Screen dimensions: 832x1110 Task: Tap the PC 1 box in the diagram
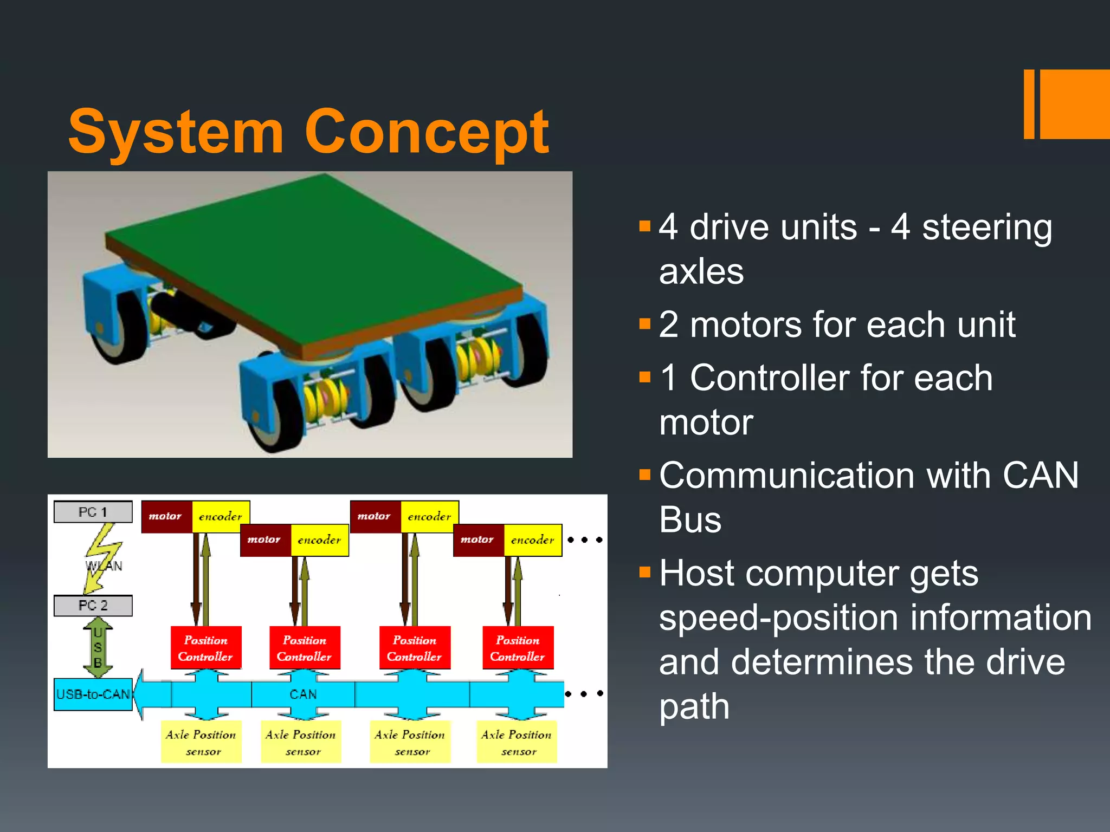93,512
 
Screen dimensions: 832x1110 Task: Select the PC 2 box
93,605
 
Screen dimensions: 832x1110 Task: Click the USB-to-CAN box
93,694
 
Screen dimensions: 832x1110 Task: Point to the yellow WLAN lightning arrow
102,558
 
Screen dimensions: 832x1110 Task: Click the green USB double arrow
98,647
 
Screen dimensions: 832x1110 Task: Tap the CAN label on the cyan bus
303,694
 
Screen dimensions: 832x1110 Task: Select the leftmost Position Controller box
205,648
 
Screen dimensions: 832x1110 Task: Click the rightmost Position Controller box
518,648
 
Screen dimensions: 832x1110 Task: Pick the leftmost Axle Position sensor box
201,742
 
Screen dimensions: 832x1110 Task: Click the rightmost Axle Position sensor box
517,742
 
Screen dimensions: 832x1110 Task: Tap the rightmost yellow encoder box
533,539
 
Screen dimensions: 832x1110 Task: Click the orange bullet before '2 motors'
644,324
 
